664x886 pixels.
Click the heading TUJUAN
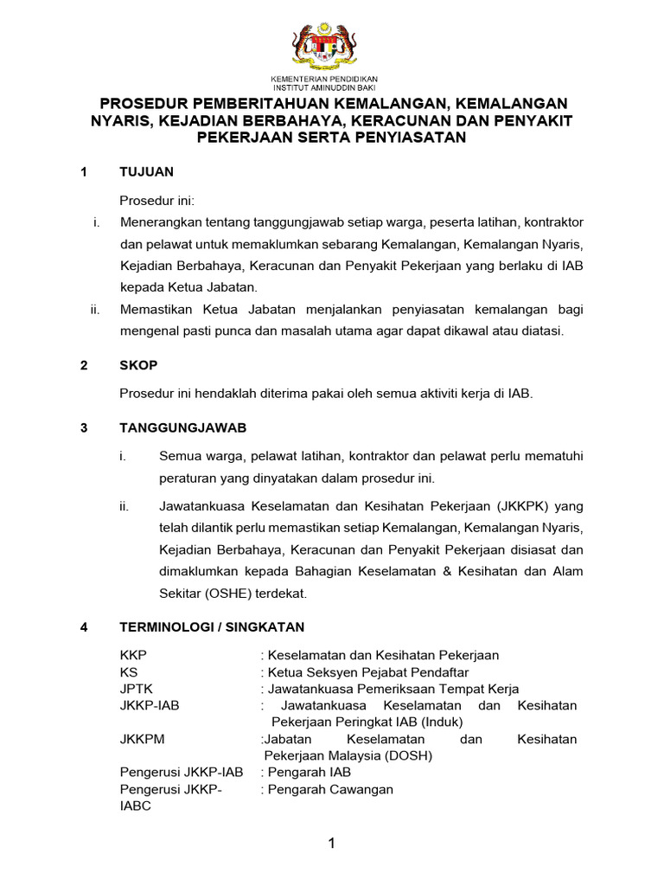point(146,172)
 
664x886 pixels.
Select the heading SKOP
point(138,366)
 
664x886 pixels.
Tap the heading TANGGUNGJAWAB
point(183,428)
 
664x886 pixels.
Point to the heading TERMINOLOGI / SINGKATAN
point(211,627)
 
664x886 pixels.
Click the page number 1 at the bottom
point(331,844)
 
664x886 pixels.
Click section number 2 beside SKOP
point(84,366)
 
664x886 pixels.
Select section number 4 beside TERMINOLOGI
point(84,627)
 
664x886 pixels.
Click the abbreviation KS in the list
point(129,672)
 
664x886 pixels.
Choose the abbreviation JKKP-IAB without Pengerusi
point(150,705)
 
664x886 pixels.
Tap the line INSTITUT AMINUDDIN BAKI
point(331,87)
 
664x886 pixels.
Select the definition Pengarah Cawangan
point(330,788)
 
